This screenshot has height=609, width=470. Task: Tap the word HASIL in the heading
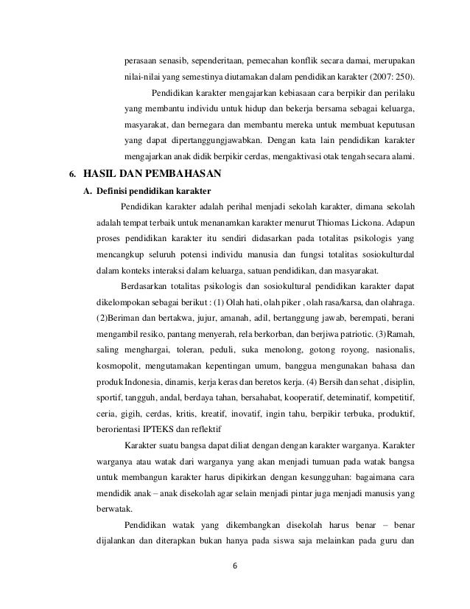91,175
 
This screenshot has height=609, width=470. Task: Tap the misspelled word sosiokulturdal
385,253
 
